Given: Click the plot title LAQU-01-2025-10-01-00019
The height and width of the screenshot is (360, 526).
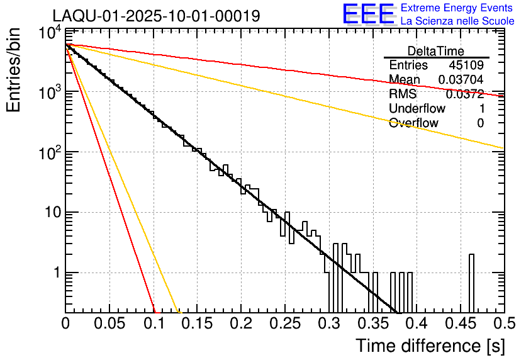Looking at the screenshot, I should pyautogui.click(x=156, y=16).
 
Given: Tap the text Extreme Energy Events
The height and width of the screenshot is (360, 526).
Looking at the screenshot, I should pyautogui.click(x=457, y=8).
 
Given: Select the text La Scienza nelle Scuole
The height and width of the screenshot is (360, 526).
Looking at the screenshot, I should pyautogui.click(x=457, y=21).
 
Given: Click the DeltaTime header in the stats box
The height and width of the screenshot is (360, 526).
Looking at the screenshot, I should pyautogui.click(x=436, y=51).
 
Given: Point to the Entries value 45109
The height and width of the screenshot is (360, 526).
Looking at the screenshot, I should pyautogui.click(x=466, y=65).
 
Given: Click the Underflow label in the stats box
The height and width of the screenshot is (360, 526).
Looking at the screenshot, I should pyautogui.click(x=417, y=109).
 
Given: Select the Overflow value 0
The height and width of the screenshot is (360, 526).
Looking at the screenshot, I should pyautogui.click(x=480, y=123).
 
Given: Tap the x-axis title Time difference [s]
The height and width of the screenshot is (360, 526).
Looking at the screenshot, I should pyautogui.click(x=429, y=346).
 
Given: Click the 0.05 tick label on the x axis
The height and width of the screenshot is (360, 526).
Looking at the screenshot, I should pyautogui.click(x=109, y=323).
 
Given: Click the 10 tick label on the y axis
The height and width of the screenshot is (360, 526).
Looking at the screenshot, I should pyautogui.click(x=48, y=213).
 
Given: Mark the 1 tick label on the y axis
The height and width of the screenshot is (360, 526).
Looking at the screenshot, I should pyautogui.click(x=56, y=273).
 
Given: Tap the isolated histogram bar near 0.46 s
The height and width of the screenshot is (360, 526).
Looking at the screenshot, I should pyautogui.click(x=471, y=283).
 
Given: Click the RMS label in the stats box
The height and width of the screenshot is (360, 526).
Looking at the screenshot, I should pyautogui.click(x=403, y=94).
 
